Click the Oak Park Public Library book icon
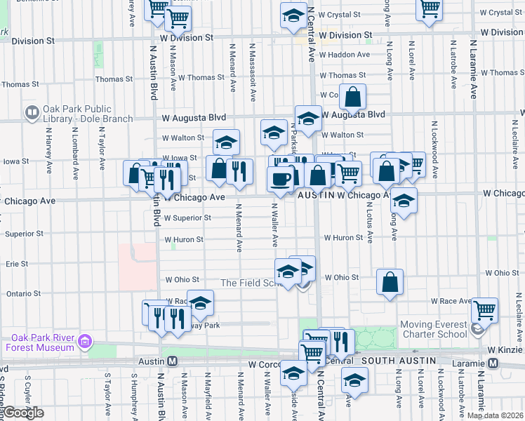point(32,112)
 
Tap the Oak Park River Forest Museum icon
point(86,342)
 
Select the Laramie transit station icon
point(493,363)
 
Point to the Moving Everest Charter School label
point(433,329)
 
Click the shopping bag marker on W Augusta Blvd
point(352,97)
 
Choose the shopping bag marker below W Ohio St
point(390,282)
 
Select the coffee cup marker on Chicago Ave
point(280,178)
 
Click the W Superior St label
point(187,218)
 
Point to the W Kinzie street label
point(505,347)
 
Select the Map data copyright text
point(495,415)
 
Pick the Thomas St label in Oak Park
point(109,79)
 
